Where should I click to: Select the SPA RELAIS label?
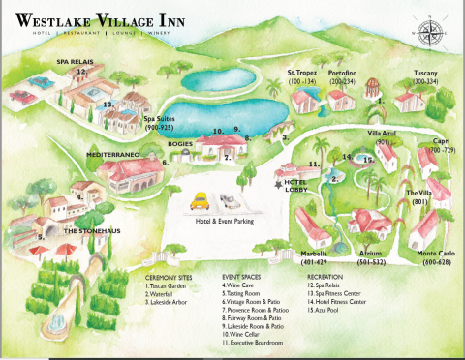coord(73,59)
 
